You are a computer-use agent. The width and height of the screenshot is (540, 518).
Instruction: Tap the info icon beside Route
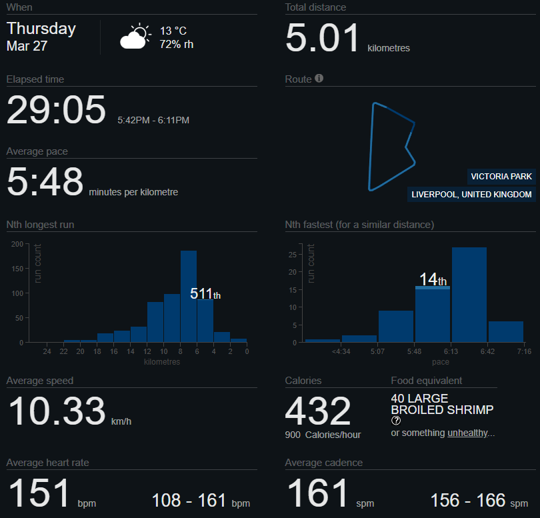[x=319, y=79]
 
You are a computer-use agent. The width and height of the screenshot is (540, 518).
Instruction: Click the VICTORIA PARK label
[x=501, y=177]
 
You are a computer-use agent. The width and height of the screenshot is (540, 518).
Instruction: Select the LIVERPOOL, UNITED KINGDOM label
[x=472, y=195]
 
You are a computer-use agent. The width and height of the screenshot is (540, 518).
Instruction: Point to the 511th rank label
[x=205, y=293]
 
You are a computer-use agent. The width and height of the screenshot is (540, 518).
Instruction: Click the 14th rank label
[x=433, y=280]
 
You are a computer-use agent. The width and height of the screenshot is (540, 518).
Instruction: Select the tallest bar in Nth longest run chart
[x=189, y=297]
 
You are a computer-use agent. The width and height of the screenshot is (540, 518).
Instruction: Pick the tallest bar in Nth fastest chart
[x=469, y=295]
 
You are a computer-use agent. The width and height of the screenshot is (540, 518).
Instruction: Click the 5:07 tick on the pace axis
[x=377, y=351]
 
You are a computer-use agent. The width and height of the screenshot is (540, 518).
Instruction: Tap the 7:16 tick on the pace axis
[x=523, y=351]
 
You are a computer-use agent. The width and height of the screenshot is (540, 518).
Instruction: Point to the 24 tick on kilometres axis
[x=47, y=351]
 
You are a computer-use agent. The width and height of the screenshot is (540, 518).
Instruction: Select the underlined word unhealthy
[x=467, y=433]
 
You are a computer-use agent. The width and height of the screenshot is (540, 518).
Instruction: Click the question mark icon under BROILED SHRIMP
[x=396, y=421]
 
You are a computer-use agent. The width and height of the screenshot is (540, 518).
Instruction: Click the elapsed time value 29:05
[x=56, y=109]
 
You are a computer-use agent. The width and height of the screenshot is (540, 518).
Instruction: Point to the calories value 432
[x=318, y=411]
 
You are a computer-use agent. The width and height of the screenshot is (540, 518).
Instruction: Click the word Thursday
[x=41, y=29]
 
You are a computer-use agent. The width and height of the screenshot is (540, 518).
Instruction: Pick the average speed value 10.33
[x=57, y=411]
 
